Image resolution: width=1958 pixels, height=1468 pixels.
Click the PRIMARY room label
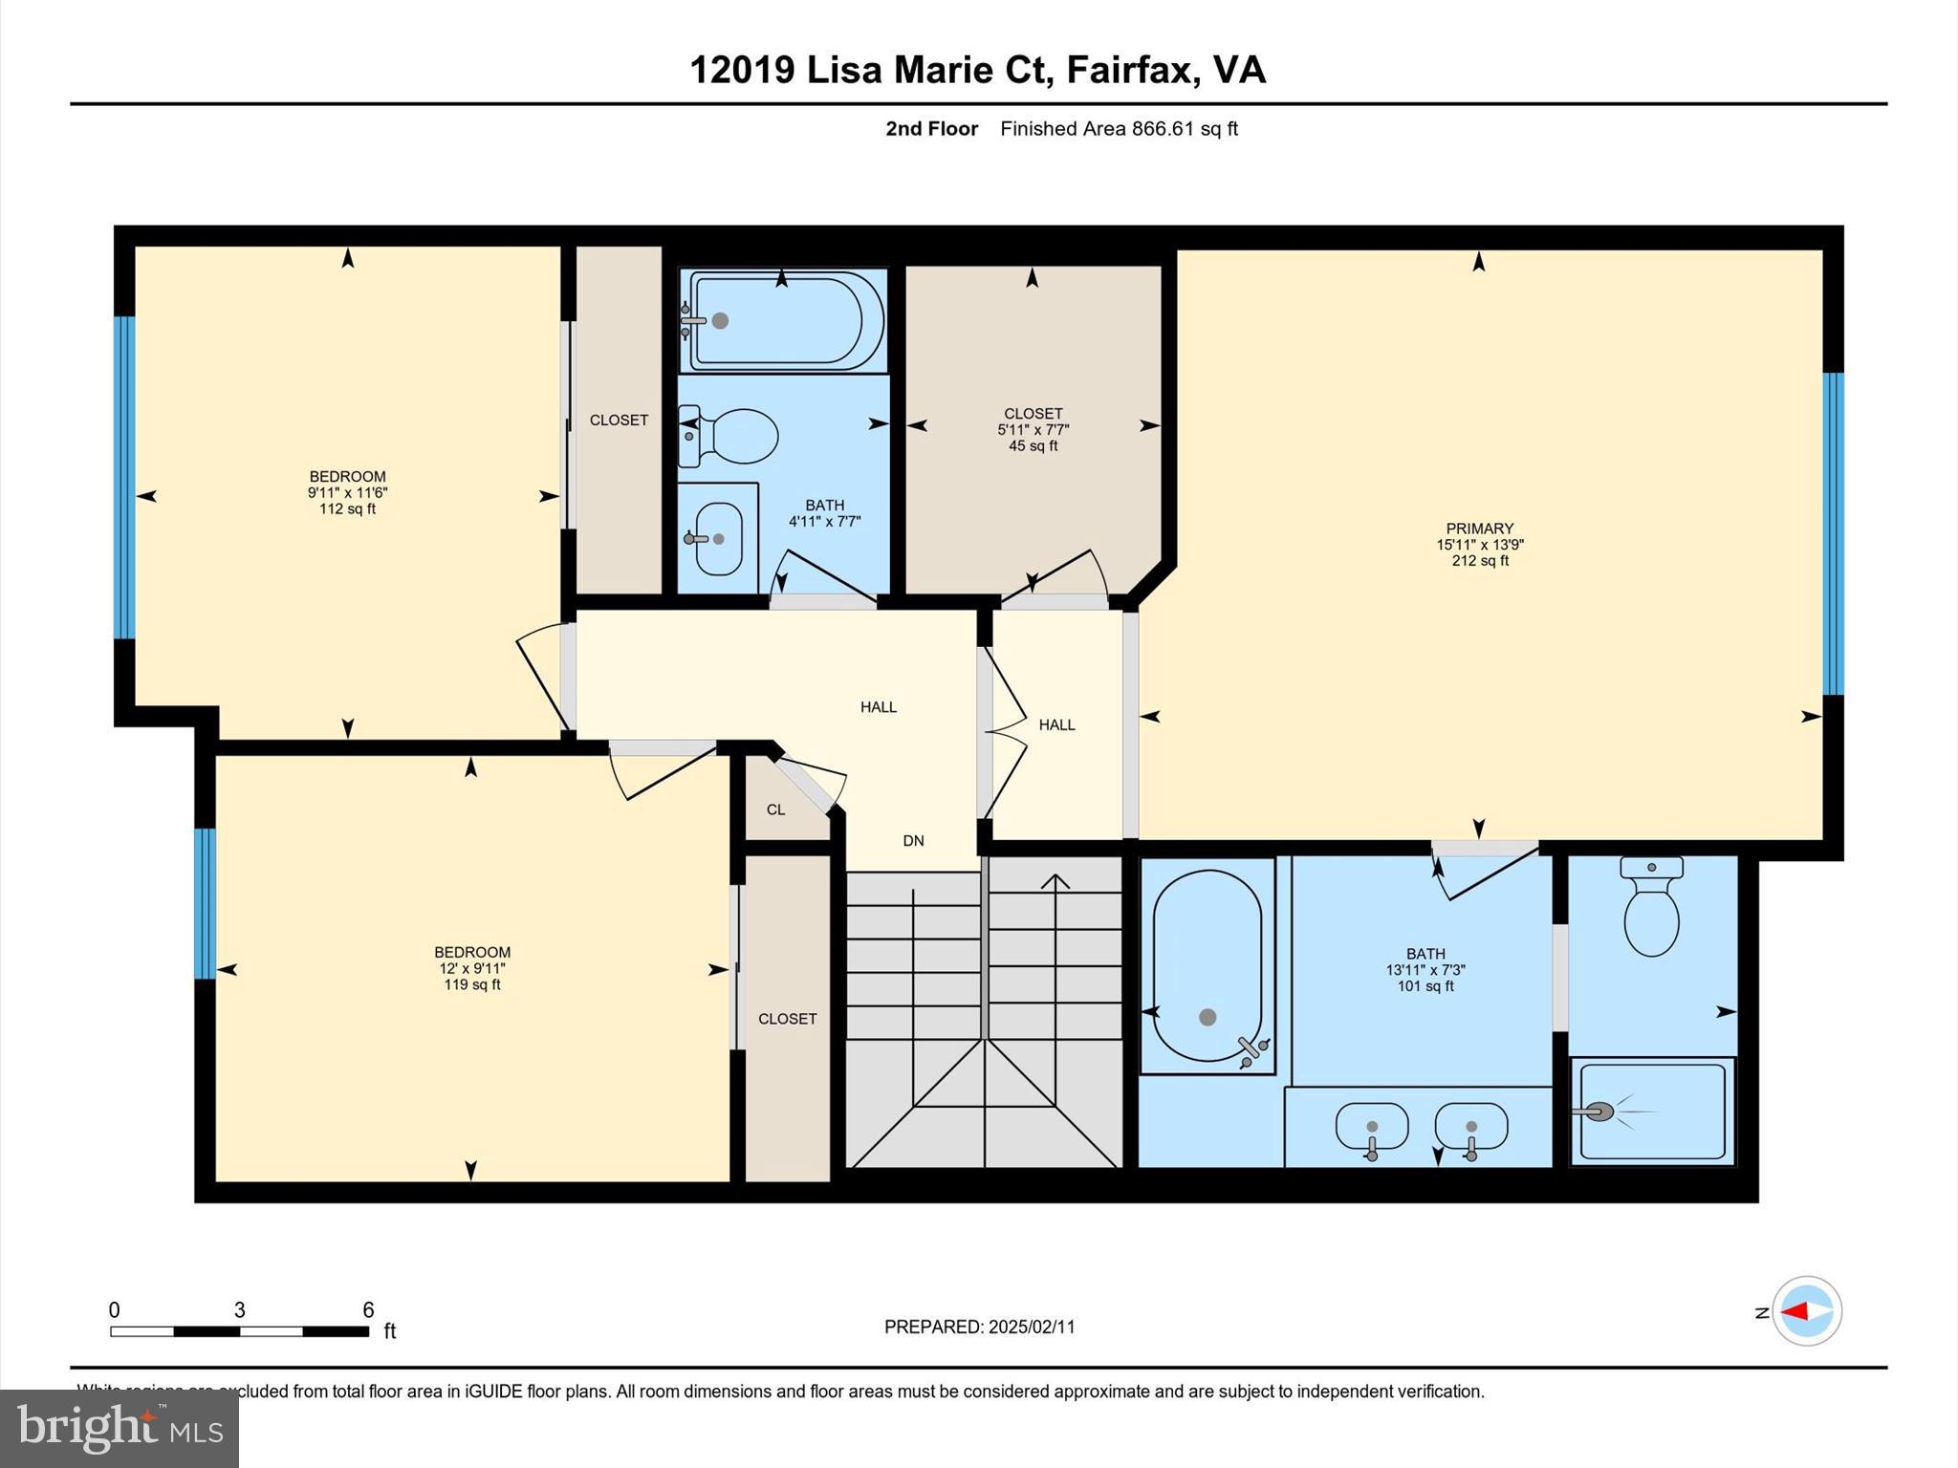click(x=1479, y=529)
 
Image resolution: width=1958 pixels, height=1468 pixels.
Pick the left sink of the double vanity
click(x=1372, y=1127)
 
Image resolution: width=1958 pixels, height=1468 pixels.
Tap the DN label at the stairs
click(x=913, y=841)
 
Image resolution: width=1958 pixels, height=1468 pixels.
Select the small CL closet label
click(x=775, y=810)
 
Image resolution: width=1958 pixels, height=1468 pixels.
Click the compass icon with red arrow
click(x=1806, y=1310)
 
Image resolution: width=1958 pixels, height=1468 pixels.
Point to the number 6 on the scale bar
click(x=368, y=1310)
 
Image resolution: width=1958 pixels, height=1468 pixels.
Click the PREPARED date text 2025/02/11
click(x=1032, y=1327)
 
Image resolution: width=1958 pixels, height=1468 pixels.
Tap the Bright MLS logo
click(x=120, y=1429)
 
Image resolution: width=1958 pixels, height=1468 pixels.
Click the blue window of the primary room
click(x=1833, y=533)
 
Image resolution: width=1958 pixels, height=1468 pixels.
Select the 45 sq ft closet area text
click(x=1033, y=446)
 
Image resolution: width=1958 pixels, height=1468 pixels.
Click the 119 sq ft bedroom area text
click(x=472, y=985)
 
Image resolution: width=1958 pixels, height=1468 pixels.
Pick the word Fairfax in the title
click(x=1129, y=70)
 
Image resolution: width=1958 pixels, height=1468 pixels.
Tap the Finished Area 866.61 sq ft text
click(x=1119, y=129)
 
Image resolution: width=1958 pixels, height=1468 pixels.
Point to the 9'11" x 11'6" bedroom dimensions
click(x=347, y=493)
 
